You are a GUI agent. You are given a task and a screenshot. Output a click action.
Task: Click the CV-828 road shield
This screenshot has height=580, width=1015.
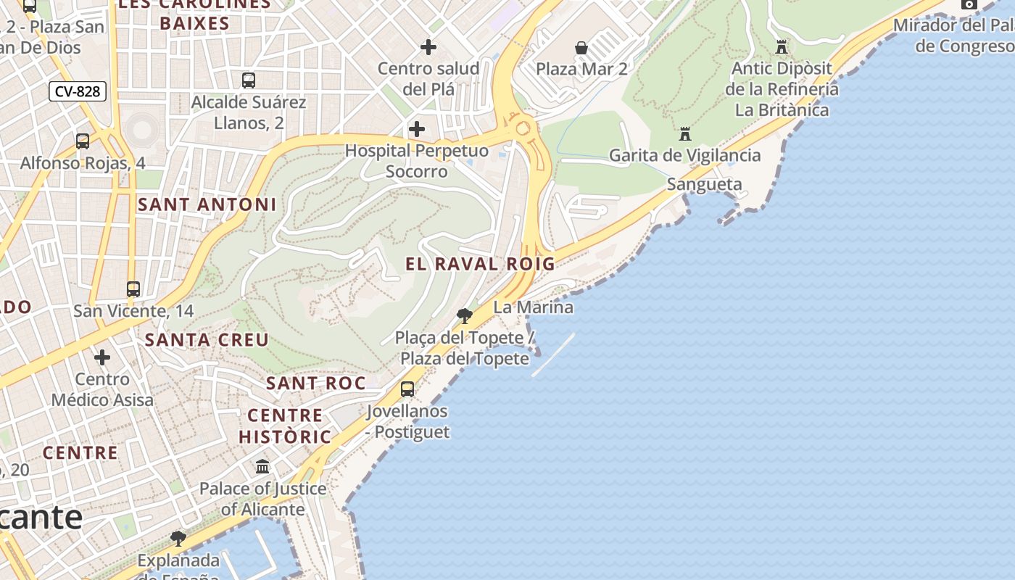(78, 91)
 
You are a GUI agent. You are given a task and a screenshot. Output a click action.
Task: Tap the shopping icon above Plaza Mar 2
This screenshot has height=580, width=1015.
(581, 48)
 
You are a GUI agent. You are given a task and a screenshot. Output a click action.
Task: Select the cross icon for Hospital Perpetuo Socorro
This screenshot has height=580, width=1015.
(417, 130)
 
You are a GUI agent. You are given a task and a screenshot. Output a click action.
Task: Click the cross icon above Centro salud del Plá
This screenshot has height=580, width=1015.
(428, 47)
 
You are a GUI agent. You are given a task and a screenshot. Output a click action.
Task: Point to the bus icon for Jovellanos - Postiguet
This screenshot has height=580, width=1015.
(407, 389)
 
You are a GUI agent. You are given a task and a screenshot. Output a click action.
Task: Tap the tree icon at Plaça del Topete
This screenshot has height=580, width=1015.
(465, 316)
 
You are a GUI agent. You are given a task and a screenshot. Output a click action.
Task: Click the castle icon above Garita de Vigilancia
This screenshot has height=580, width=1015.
(685, 134)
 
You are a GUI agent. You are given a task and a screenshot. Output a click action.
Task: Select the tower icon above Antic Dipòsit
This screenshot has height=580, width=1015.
(782, 47)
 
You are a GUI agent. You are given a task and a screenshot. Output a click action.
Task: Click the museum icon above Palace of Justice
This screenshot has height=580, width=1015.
(262, 467)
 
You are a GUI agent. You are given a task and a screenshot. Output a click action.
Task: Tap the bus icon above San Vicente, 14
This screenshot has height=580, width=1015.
(133, 289)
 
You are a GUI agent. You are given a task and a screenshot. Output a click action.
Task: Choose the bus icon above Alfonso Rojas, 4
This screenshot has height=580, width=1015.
(83, 141)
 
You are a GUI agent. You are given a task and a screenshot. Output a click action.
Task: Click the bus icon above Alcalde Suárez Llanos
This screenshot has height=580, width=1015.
(249, 80)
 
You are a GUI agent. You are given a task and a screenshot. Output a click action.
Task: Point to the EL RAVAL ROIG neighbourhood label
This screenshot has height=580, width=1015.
(480, 264)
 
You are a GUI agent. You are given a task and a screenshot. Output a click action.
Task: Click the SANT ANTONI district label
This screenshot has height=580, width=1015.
(207, 204)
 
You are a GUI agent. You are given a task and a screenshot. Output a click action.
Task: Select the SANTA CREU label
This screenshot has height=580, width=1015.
(207, 339)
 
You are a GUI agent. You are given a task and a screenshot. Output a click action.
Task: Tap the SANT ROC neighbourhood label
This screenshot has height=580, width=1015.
(315, 383)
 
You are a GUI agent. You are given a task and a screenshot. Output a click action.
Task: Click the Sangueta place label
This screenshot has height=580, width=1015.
(704, 184)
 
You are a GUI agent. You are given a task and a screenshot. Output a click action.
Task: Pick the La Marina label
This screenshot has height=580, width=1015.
(533, 307)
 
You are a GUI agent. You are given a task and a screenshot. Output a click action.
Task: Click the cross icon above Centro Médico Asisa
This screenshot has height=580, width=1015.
(102, 357)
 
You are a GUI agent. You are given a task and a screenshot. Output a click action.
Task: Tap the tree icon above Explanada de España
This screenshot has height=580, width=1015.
(178, 539)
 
